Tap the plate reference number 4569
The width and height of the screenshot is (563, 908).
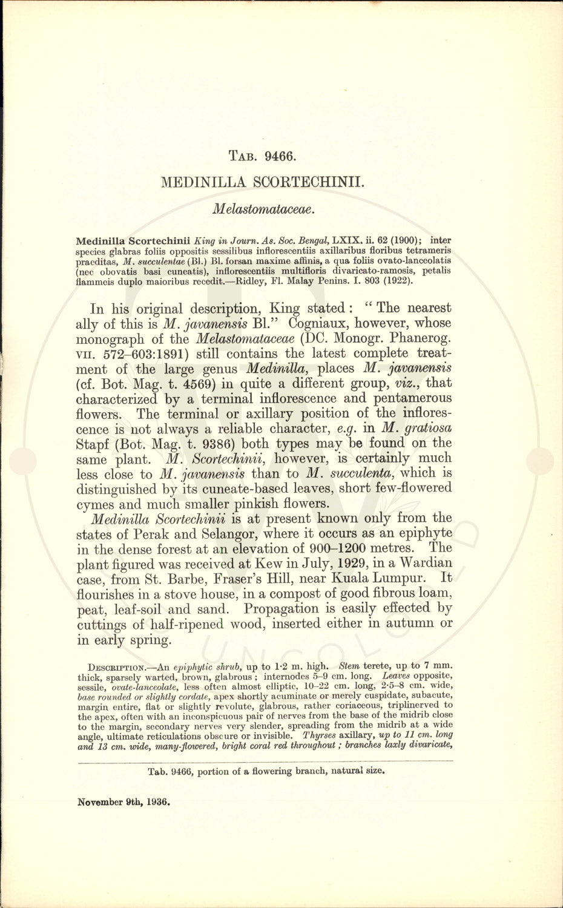click(x=176, y=384)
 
